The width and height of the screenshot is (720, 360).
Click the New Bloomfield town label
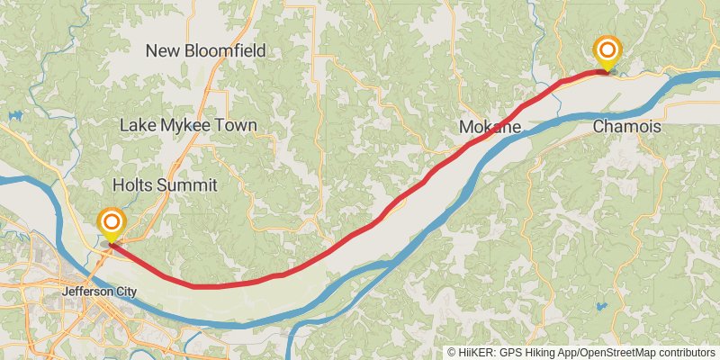[206, 51]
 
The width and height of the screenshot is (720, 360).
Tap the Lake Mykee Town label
[188, 126]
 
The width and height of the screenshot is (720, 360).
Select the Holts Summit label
[165, 185]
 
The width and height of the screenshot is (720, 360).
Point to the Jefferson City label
[99, 292]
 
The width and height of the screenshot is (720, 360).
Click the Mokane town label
[490, 128]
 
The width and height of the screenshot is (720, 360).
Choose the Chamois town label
[626, 128]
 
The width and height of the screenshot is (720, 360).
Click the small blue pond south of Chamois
[601, 307]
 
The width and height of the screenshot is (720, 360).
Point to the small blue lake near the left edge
[15, 116]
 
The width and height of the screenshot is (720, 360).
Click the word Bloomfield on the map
[225, 51]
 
